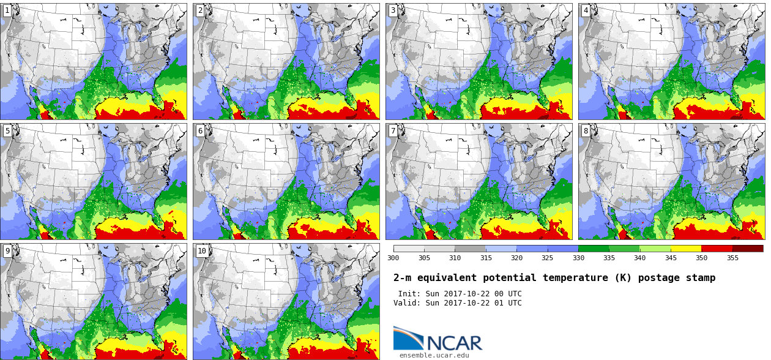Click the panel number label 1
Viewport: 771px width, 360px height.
pyautogui.click(x=7, y=10)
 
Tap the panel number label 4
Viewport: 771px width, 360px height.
pyautogui.click(x=586, y=10)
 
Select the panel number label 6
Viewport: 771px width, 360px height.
pyautogui.click(x=200, y=130)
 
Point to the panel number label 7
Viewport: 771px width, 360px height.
pyautogui.click(x=393, y=130)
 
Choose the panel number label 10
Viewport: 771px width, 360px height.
pyautogui.click(x=202, y=251)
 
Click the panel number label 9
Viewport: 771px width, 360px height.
pyautogui.click(x=7, y=251)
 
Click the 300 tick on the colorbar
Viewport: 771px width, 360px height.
pyautogui.click(x=393, y=258)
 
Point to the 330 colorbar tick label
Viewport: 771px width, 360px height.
pyautogui.click(x=578, y=258)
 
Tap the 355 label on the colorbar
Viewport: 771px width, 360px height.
pyautogui.click(x=732, y=258)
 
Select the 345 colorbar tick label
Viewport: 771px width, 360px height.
pyautogui.click(x=671, y=258)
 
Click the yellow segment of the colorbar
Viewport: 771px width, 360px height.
pyautogui.click(x=686, y=249)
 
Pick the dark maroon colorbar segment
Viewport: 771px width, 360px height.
pyautogui.click(x=748, y=249)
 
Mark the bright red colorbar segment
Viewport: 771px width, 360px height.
pyautogui.click(x=717, y=249)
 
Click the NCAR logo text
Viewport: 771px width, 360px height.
pyautogui.click(x=455, y=343)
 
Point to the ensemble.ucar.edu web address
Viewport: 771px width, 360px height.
pyautogui.click(x=434, y=355)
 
